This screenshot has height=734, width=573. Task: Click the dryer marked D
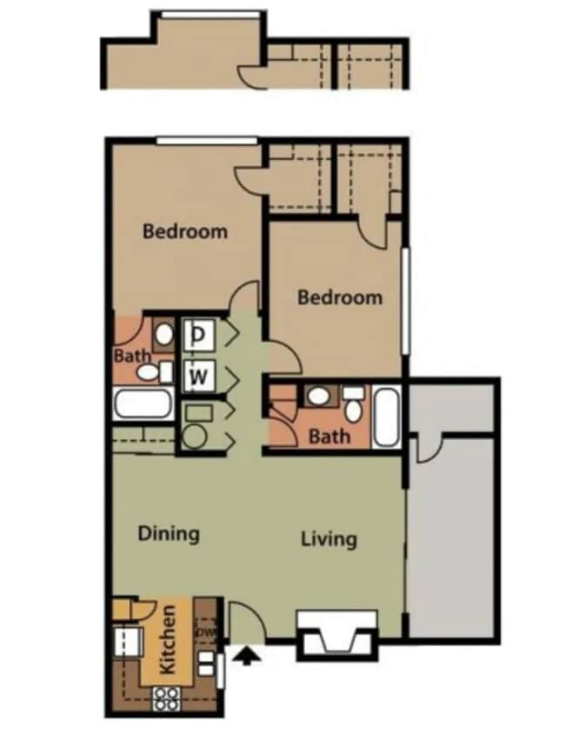pyautogui.click(x=199, y=334)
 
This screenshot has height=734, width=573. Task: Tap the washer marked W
pyautogui.click(x=199, y=377)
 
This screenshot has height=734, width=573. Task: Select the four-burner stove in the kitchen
pyautogui.click(x=166, y=697)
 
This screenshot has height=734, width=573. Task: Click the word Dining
pyautogui.click(x=169, y=533)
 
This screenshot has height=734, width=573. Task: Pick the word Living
pyautogui.click(x=329, y=538)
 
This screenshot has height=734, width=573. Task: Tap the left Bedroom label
pyautogui.click(x=185, y=231)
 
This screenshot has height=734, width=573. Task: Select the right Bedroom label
pyautogui.click(x=339, y=297)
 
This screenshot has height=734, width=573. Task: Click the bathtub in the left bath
pyautogui.click(x=143, y=404)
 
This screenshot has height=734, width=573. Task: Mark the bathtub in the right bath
pyautogui.click(x=387, y=417)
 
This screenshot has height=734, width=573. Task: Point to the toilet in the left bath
pyautogui.click(x=150, y=373)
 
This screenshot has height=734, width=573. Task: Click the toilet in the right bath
pyautogui.click(x=353, y=404)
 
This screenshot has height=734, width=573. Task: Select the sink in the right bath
pyautogui.click(x=318, y=397)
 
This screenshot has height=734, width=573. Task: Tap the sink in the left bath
pyautogui.click(x=163, y=333)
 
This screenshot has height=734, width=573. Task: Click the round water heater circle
pyautogui.click(x=194, y=437)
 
